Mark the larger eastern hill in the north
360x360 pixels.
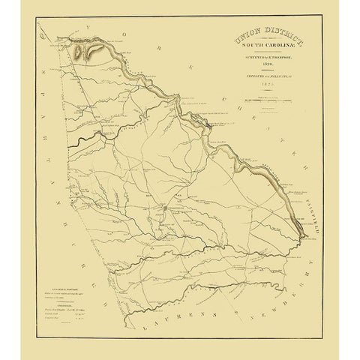[97, 49]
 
